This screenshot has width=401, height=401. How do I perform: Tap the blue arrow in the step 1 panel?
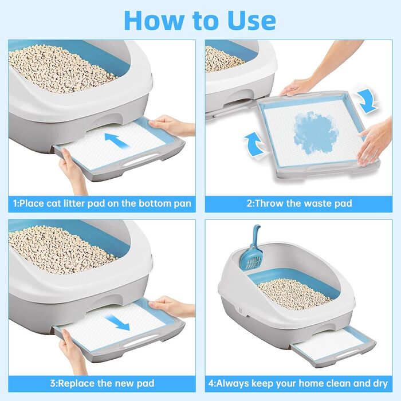coord(117,140)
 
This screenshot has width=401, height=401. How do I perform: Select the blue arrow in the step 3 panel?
coord(117,323)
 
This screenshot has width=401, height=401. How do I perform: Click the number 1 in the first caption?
coord(15,203)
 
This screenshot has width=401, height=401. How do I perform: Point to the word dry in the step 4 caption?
coord(379,384)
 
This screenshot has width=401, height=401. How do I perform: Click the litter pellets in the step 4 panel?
coord(293,294)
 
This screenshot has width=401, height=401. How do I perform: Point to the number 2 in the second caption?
coord(249,203)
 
